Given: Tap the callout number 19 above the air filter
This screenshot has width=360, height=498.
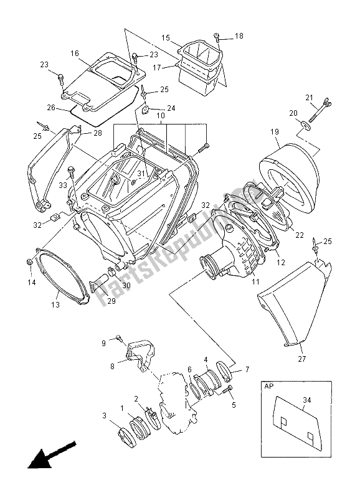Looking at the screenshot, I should point(273,132).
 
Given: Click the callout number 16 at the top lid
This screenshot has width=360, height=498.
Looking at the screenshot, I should point(74,54).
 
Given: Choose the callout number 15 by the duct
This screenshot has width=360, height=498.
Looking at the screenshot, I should point(166,38).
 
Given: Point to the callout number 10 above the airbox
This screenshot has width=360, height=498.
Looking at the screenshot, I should point(159,116).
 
